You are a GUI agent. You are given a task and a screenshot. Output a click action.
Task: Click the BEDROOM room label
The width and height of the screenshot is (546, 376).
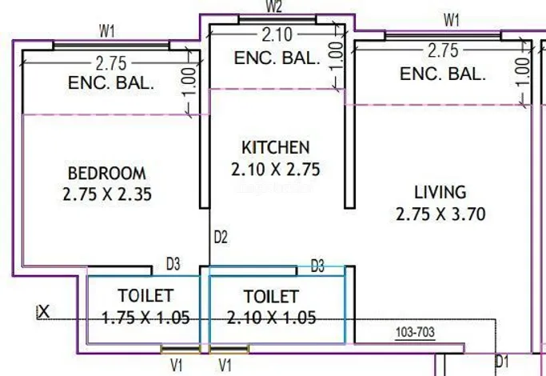107,174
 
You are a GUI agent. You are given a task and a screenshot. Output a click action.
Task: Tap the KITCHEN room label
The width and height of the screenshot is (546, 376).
276,147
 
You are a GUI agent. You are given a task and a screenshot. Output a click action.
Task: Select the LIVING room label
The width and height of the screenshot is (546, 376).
440,192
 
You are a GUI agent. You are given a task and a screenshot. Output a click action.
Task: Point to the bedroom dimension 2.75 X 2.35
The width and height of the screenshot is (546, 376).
107,194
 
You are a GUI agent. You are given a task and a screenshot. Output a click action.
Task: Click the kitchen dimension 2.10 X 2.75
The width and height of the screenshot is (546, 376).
276,170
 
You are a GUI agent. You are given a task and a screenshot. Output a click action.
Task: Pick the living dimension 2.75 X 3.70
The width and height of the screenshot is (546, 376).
440,214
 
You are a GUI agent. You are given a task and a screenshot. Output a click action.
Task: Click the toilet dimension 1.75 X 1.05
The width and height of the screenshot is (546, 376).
145,318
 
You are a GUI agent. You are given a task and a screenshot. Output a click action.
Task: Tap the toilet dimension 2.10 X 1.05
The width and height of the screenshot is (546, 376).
271,318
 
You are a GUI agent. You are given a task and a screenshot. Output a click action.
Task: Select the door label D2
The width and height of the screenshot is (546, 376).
221,238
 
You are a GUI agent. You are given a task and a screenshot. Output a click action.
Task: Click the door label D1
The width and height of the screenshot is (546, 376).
502,362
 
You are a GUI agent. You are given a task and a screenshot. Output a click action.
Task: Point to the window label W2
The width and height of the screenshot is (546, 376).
274,6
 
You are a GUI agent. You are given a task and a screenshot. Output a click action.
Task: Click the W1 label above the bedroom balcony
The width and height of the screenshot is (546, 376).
107,31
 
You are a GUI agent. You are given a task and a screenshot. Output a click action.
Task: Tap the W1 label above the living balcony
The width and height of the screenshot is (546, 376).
452,20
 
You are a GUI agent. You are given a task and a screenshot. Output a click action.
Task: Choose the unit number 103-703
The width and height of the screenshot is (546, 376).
415,332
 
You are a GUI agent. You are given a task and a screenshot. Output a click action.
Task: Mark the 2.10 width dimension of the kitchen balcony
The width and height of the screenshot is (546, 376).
277,35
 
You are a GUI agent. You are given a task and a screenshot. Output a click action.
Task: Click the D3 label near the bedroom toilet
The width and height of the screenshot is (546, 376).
173,264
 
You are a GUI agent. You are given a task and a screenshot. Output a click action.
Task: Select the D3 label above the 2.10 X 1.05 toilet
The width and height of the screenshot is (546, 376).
317,266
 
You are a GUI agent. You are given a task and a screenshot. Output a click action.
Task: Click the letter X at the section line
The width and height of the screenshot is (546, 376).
43,311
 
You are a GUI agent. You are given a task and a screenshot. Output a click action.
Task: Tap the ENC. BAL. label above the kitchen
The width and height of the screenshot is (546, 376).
277,58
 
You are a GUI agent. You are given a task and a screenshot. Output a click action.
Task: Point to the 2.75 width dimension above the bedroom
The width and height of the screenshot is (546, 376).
111,63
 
